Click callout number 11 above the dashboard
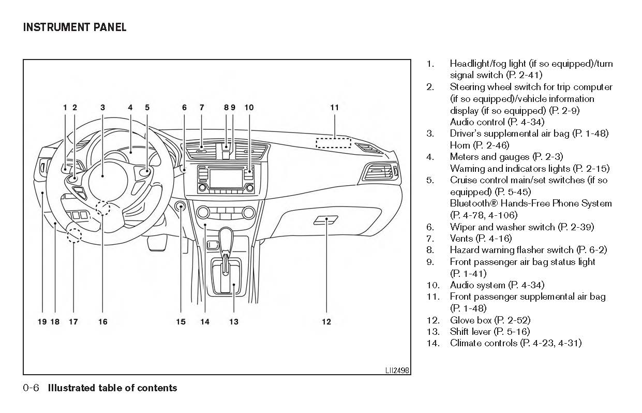click(334, 108)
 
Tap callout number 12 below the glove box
click(326, 322)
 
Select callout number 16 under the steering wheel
click(103, 322)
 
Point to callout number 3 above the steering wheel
click(103, 108)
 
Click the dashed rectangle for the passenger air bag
click(333, 143)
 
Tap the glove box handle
click(325, 220)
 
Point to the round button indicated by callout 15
click(181, 208)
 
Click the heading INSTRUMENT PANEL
click(74, 27)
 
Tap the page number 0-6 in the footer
click(31, 388)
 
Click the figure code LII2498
click(397, 370)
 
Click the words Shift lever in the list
click(470, 331)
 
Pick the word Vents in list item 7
click(461, 239)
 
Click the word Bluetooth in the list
click(471, 203)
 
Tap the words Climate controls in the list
click(484, 343)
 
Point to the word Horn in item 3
click(460, 145)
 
